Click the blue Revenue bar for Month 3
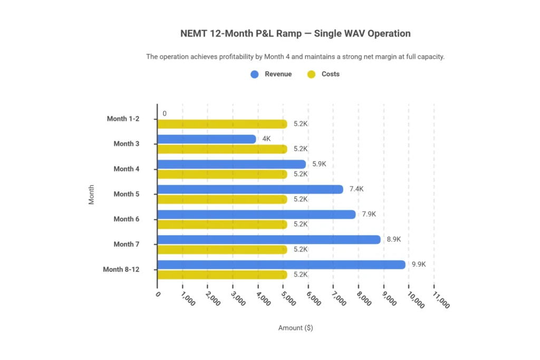pos(206,139)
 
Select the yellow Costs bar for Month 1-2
pos(222,124)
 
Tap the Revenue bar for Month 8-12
pos(281,265)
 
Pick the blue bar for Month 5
pos(250,189)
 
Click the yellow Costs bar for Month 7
pos(222,249)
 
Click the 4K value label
pos(266,139)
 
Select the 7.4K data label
pos(356,189)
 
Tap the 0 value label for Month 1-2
pos(165,113)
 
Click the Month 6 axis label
pos(127,219)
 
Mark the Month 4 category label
pos(127,169)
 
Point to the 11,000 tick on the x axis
pos(440,300)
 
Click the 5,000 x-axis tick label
pos(289,299)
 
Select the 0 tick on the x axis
pos(158,294)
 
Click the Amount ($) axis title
pos(295,328)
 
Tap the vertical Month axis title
pos(92,194)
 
